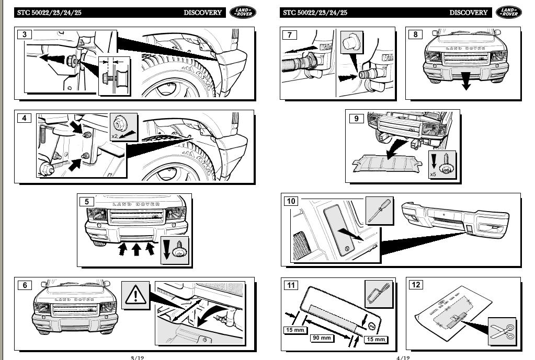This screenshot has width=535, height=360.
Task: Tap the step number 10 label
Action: pos(291,201)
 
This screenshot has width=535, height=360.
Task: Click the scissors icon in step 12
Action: pos(501,331)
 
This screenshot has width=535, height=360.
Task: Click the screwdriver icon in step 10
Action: pos(379,210)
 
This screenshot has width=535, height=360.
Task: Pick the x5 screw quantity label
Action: pos(433,175)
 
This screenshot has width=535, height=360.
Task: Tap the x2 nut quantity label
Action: pos(115,136)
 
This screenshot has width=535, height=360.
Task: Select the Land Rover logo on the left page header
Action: pos(243,13)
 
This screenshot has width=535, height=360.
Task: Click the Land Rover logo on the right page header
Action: pos(508,13)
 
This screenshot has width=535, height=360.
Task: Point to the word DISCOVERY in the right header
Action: pos(468,13)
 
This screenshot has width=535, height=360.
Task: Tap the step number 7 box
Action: pos(289,35)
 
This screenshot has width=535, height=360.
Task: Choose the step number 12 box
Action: pos(416,285)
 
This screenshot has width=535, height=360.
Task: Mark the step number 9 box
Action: pos(356,119)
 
